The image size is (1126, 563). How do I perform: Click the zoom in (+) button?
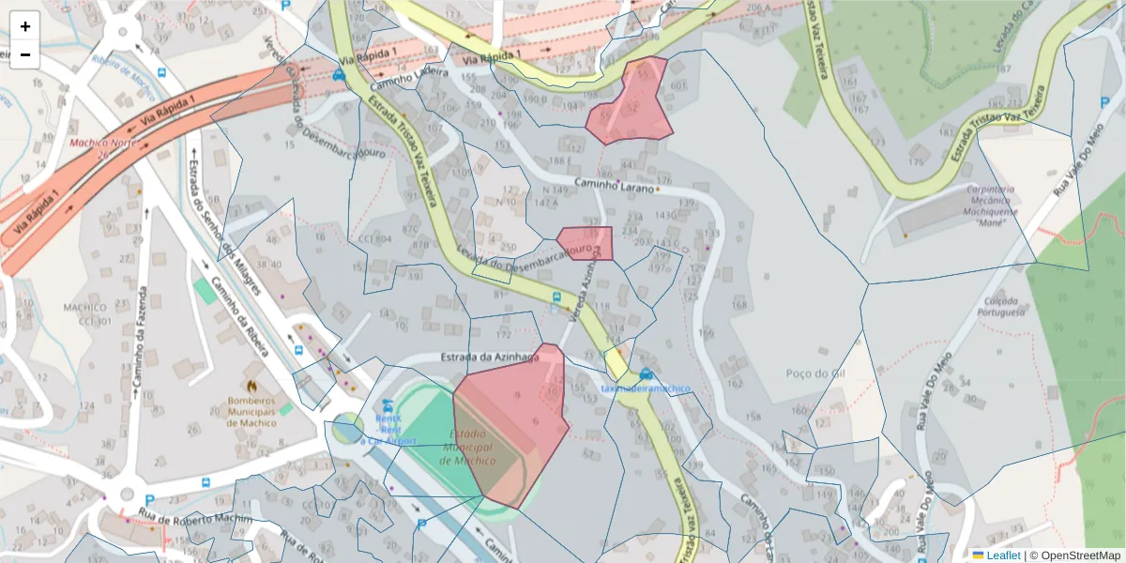coord(25,26)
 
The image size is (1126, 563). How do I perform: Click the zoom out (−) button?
coord(25,54)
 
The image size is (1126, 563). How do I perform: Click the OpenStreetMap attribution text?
coord(1078,555)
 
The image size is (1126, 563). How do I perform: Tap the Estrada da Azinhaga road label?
coord(490,358)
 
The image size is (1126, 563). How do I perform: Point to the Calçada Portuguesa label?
coord(1000,306)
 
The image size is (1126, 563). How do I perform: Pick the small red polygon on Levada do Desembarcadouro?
coord(586,243)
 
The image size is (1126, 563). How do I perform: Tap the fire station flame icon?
coord(251,386)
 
